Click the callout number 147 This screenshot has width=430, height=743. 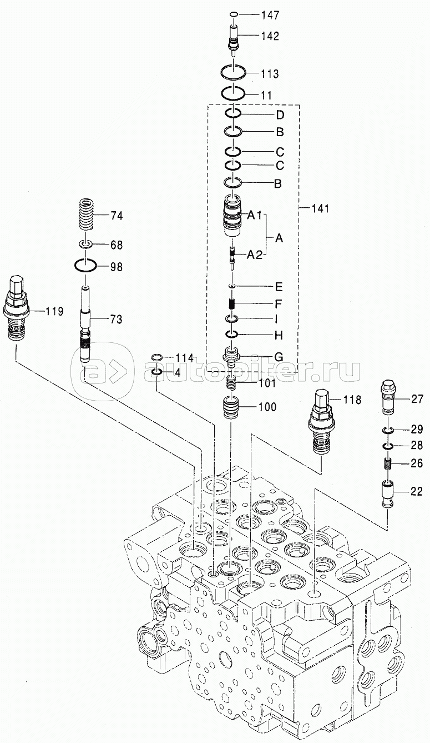(270, 15)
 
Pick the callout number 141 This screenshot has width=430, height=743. (320, 208)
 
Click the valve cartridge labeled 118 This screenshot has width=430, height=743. (321, 421)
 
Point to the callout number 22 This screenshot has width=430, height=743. (416, 491)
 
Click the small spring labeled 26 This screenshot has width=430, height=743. (388, 463)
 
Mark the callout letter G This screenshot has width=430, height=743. (279, 357)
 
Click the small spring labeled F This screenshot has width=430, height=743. (233, 303)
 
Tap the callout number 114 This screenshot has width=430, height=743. (185, 358)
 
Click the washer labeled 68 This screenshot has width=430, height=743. (85, 245)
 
